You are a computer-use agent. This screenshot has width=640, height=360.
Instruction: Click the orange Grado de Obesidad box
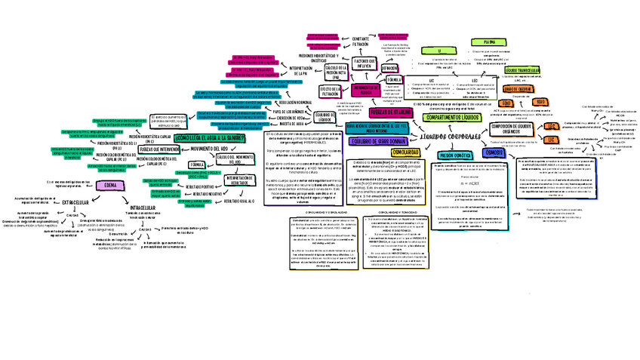tap(513, 88)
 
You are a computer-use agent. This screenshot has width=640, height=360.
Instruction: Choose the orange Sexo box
tap(541, 102)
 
